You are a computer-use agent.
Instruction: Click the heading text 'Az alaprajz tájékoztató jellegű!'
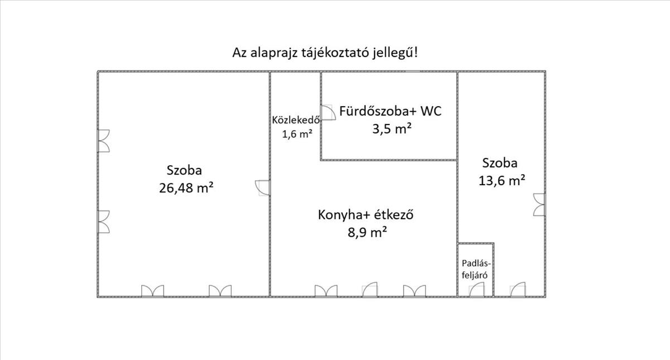tap(325, 53)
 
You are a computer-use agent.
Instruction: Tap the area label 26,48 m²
tap(186, 188)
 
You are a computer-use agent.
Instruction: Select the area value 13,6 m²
tap(501, 181)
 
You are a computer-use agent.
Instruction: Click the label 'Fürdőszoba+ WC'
tap(390, 111)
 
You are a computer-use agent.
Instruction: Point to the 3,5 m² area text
tap(392, 129)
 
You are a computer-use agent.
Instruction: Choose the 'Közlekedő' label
tap(296, 120)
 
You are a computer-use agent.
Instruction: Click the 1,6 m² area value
tap(297, 134)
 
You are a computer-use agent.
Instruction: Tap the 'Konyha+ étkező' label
tap(366, 215)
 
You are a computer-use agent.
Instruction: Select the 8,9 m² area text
tap(367, 232)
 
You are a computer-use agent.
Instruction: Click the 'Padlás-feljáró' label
tap(476, 269)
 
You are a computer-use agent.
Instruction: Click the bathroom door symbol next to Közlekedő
tap(328, 112)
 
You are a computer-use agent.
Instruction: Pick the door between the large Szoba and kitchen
tap(262, 188)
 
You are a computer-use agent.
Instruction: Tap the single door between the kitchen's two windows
tap(370, 290)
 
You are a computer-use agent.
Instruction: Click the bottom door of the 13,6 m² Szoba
tap(518, 290)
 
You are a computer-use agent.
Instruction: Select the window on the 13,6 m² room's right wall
tap(539, 204)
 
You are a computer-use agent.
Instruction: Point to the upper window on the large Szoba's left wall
tap(103, 141)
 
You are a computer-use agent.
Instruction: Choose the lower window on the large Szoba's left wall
tap(103, 222)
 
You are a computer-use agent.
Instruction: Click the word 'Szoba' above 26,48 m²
tap(184, 170)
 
